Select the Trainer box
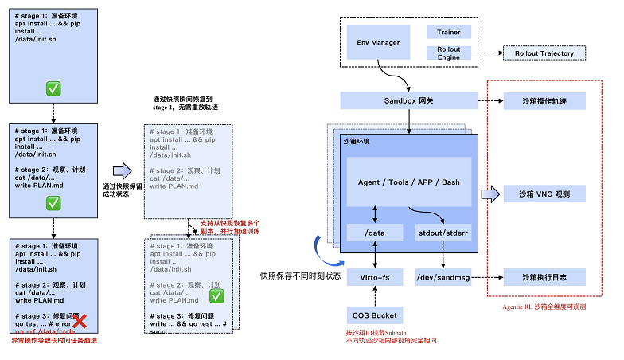449,32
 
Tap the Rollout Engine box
449,53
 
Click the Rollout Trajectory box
544,53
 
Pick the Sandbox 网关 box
408,100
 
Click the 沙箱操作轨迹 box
544,100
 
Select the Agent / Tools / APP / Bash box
409,182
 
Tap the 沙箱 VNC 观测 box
544,194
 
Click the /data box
375,233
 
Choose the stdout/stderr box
443,233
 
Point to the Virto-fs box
375,278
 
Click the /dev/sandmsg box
443,278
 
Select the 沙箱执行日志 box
544,278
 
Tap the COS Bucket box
375,315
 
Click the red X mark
80,323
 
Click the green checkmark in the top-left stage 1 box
53,88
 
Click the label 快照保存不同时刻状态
300,276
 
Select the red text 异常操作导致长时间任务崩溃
53,340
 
